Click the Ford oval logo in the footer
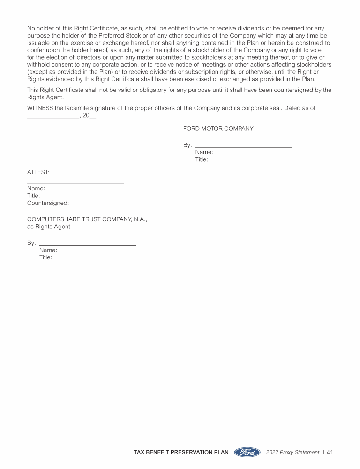coord(247,452)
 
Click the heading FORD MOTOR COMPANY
coord(218,129)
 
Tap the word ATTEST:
coord(38,172)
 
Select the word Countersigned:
coord(48,203)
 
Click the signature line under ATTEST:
coord(75,183)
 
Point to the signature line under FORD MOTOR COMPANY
coord(243,147)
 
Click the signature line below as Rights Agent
coord(88,245)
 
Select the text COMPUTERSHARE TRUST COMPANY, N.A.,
coord(87,219)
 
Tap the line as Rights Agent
coord(49,227)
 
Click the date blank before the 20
coord(52,118)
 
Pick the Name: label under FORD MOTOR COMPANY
coord(204,152)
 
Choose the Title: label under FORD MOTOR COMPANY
coord(202,159)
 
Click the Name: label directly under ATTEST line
coord(36,189)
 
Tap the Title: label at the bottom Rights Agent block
coord(45,257)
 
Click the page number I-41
coord(328,452)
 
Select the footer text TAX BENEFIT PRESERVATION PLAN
coord(181,453)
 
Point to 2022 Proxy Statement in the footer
coord(292,453)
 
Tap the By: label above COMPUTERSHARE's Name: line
coord(31,243)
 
